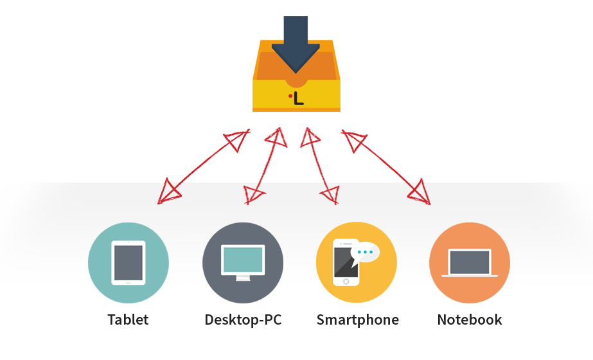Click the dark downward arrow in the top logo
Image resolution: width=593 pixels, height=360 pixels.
coord(296,45)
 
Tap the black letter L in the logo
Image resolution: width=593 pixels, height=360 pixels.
coord(298,98)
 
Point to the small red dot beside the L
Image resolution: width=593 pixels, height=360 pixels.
coord(290,96)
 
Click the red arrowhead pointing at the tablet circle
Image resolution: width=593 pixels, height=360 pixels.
coord(169,194)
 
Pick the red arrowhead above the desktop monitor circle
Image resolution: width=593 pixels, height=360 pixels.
coord(254,194)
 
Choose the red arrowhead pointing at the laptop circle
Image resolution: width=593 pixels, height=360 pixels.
coord(418,193)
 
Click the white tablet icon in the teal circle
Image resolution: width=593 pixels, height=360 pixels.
coord(128,262)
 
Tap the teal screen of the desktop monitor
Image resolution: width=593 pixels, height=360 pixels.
coord(243,259)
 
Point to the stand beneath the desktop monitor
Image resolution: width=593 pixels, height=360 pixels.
coord(243,278)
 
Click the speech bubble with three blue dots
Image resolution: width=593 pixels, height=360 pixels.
coord(365,252)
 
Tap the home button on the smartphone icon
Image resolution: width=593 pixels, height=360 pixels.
coord(346,281)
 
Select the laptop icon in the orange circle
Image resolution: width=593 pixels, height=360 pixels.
coord(470,263)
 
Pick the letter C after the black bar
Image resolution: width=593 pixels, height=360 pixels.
coord(278,320)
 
